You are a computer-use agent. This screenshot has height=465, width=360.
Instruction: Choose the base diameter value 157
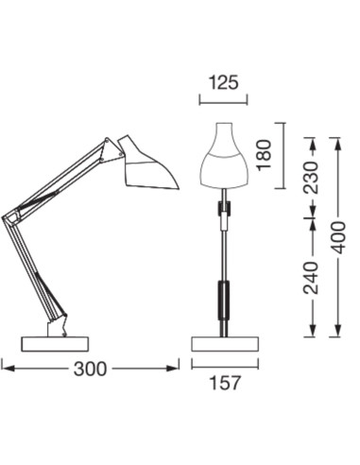coord(224,383)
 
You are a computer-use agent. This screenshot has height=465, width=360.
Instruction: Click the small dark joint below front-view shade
coord(224,209)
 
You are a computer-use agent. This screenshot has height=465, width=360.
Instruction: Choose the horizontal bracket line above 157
coord(224,364)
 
